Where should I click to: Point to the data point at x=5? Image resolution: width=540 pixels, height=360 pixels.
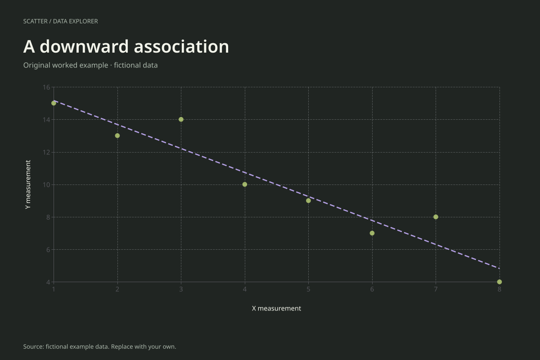click(308, 201)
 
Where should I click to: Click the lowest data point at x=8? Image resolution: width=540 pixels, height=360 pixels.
click(499, 282)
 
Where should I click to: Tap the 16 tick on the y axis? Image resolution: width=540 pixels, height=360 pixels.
click(46, 87)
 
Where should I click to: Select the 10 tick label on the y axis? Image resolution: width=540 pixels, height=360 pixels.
click(46, 185)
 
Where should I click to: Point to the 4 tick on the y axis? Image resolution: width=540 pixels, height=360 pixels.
click(49, 282)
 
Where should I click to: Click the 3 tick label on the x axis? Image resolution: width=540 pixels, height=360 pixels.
click(181, 289)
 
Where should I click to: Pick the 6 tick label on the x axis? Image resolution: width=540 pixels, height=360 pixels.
click(372, 289)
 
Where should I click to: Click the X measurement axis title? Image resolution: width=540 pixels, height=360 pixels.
click(276, 308)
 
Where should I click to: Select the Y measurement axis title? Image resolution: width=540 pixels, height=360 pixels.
click(28, 184)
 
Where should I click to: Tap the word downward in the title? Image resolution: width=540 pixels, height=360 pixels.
click(84, 46)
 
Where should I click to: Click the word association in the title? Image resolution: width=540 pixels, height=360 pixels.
click(181, 46)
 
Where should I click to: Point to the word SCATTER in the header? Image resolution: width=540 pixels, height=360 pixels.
click(36, 21)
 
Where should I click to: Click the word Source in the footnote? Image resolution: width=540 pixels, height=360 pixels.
click(34, 346)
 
